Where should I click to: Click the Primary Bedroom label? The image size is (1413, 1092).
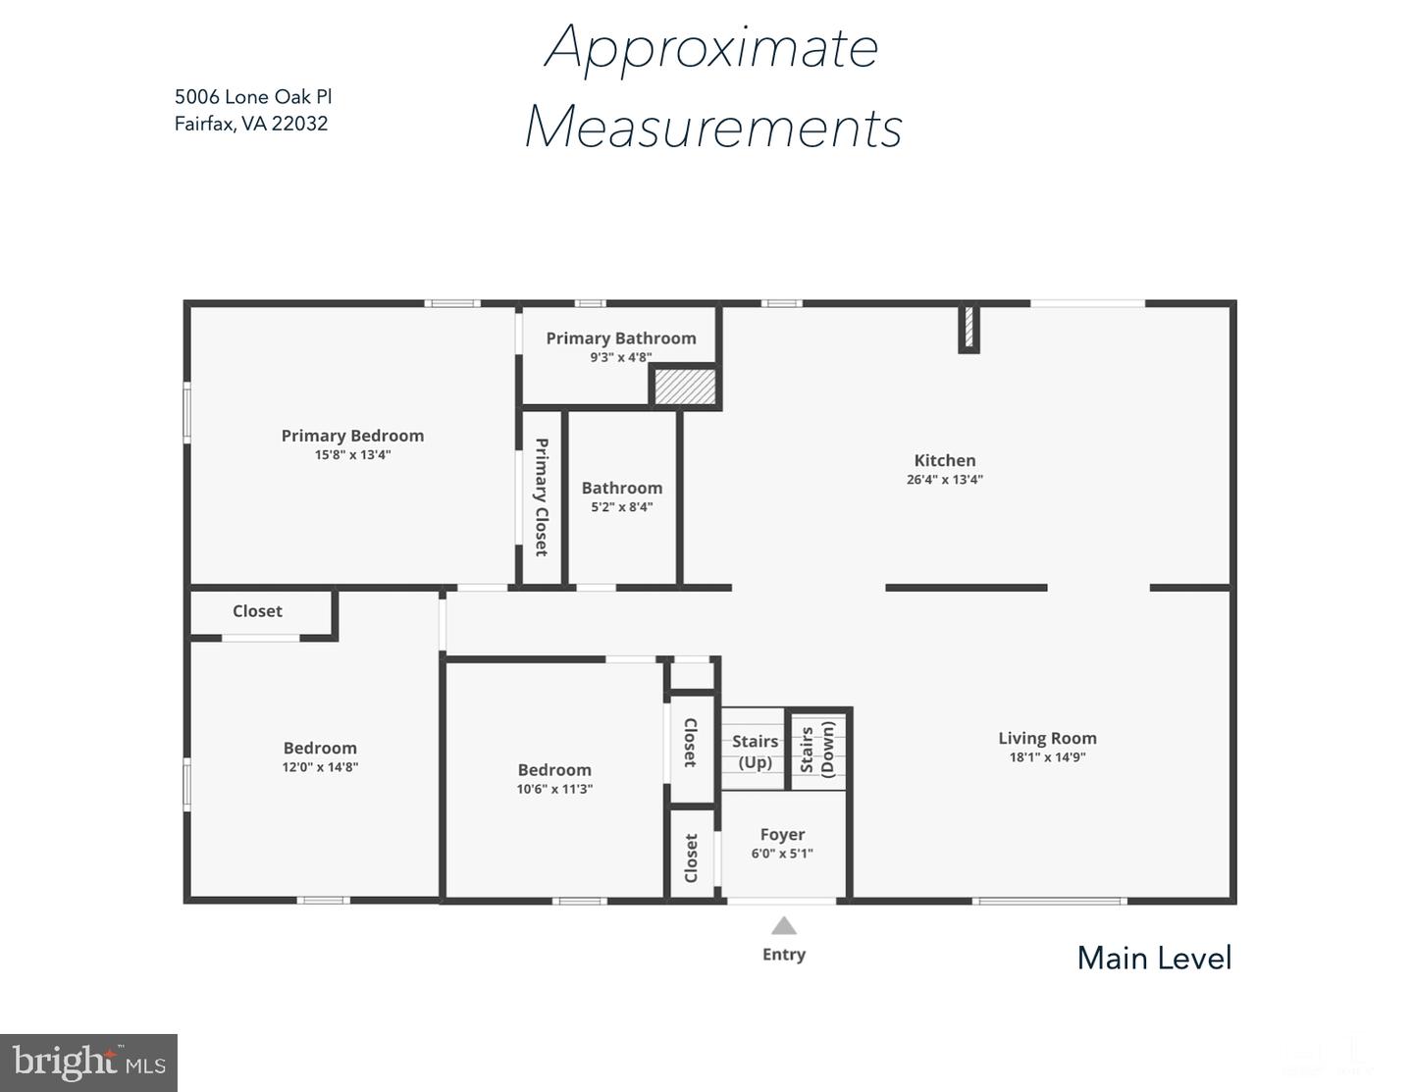(x=352, y=436)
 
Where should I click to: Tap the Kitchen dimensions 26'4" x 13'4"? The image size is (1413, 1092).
(x=945, y=480)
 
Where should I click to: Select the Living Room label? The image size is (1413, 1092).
(x=1048, y=738)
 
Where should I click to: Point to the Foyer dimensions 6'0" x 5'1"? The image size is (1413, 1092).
(x=782, y=854)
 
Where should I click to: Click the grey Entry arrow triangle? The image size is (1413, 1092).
(x=784, y=925)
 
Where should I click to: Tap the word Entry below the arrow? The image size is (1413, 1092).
(x=784, y=955)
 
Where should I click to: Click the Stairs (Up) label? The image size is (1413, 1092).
(x=755, y=752)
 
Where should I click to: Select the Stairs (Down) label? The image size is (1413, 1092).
(x=816, y=750)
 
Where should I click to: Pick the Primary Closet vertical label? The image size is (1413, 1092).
(x=542, y=497)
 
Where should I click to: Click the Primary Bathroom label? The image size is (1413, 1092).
(x=621, y=338)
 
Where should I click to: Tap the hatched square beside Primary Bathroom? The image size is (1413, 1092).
(x=685, y=388)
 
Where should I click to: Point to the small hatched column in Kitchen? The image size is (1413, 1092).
(x=968, y=328)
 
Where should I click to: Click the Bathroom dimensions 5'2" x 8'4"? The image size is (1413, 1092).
(x=622, y=507)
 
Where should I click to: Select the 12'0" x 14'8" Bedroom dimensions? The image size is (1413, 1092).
(x=320, y=767)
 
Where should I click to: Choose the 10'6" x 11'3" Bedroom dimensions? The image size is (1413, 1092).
(x=554, y=789)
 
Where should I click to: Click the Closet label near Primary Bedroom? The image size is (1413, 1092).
(x=257, y=611)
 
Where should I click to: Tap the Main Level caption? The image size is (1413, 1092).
(x=1154, y=959)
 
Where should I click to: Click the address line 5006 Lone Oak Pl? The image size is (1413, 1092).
(x=253, y=97)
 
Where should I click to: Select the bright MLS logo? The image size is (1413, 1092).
(x=88, y=1063)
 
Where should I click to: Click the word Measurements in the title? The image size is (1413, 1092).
(x=713, y=127)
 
